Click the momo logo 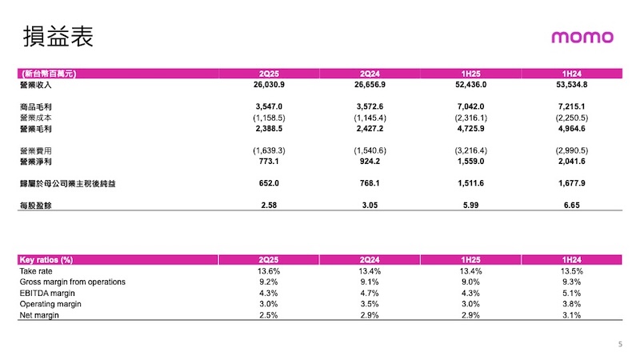[582, 37]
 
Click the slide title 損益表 [58, 36]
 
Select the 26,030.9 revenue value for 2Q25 [269, 85]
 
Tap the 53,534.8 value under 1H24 [571, 85]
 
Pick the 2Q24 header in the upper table [370, 74]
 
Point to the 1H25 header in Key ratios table [470, 259]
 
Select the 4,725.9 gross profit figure [470, 129]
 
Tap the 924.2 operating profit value [370, 162]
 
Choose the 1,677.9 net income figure [571, 183]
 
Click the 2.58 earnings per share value [269, 205]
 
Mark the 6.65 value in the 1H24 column [571, 205]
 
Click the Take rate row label [36, 271]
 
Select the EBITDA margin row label [47, 293]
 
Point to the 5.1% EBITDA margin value [571, 293]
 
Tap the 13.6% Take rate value [269, 271]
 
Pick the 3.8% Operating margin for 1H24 [571, 304]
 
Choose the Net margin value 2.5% [269, 315]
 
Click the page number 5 [620, 344]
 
